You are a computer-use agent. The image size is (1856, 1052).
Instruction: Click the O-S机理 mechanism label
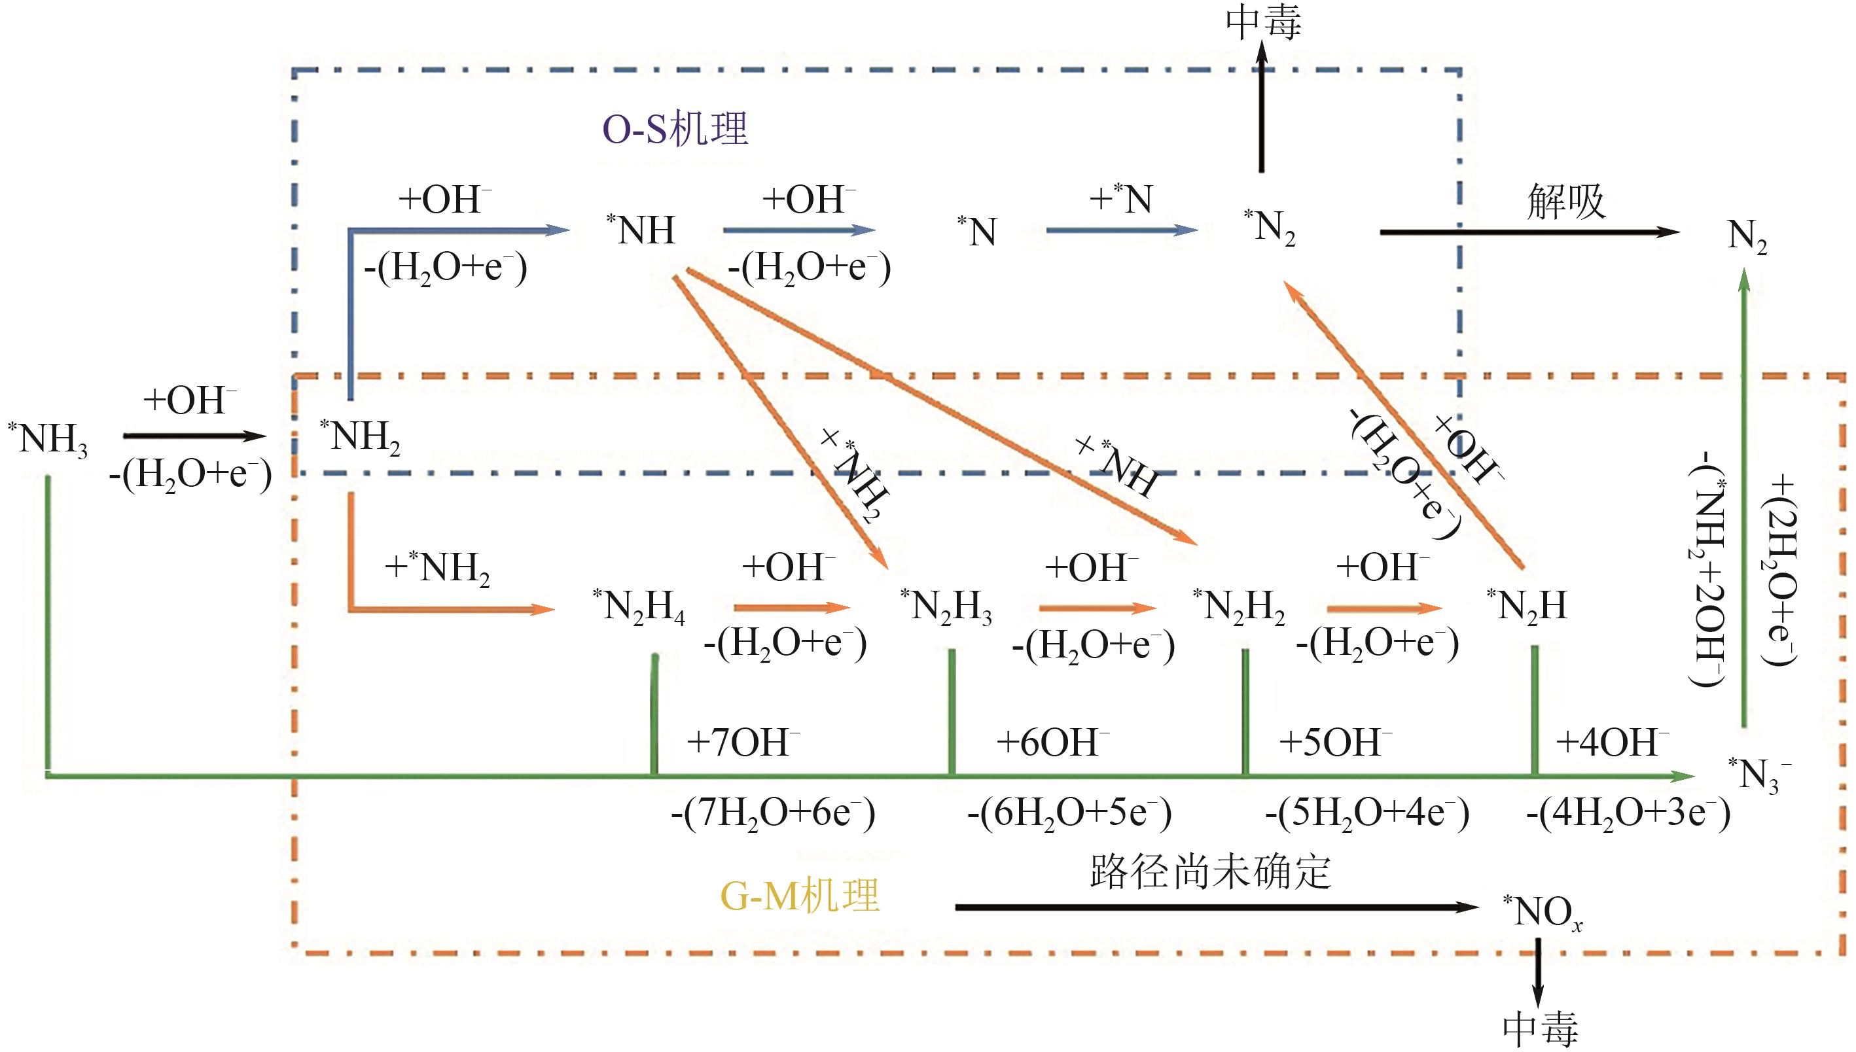[675, 130]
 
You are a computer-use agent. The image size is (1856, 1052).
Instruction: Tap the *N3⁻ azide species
[1758, 775]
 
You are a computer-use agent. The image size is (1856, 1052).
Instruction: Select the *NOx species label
[1543, 913]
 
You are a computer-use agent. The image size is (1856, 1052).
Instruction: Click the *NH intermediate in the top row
[642, 230]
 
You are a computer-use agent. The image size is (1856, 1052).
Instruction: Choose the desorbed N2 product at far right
[1747, 236]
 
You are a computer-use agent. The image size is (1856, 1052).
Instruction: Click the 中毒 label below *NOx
[1540, 1027]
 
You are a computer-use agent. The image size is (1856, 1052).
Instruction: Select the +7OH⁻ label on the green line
[743, 742]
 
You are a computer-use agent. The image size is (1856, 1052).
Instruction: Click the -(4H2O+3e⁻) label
[1628, 814]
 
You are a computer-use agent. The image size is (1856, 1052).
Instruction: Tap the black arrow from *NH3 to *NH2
[195, 436]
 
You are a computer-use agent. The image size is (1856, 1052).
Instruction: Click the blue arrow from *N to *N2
[1122, 230]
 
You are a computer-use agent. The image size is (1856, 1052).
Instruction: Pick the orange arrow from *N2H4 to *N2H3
[791, 607]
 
